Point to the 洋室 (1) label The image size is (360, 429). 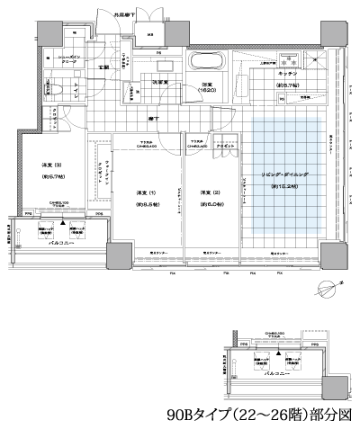click(x=135, y=193)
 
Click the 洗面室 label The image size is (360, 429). click(x=162, y=83)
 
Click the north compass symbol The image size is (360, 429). click(x=328, y=289)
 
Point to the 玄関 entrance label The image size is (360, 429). click(x=104, y=67)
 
